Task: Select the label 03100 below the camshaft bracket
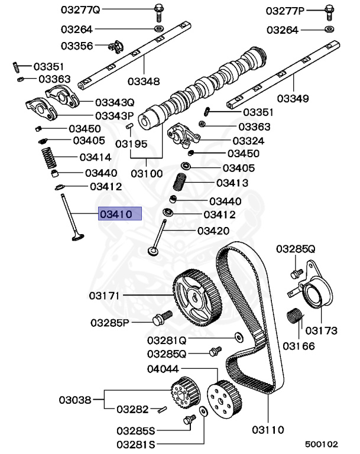pyautogui.click(x=147, y=173)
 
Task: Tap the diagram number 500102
pyautogui.click(x=322, y=444)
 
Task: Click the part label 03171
pyautogui.click(x=104, y=296)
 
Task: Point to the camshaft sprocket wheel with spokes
pyautogui.click(x=197, y=297)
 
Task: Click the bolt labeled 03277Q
pyautogui.click(x=158, y=12)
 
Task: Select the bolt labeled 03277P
pyautogui.click(x=329, y=12)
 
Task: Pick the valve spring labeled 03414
pyautogui.click(x=48, y=158)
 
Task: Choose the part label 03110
pyautogui.click(x=268, y=430)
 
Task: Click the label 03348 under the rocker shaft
pyautogui.click(x=144, y=82)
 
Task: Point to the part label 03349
pyautogui.click(x=293, y=98)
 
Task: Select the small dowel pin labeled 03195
pyautogui.click(x=129, y=126)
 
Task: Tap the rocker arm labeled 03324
pyautogui.click(x=183, y=135)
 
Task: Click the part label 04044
pyautogui.click(x=163, y=369)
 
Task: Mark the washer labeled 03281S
pyautogui.click(x=203, y=411)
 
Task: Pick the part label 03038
pyautogui.click(x=75, y=400)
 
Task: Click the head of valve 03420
pyautogui.click(x=154, y=251)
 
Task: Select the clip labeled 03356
pyautogui.click(x=116, y=47)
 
